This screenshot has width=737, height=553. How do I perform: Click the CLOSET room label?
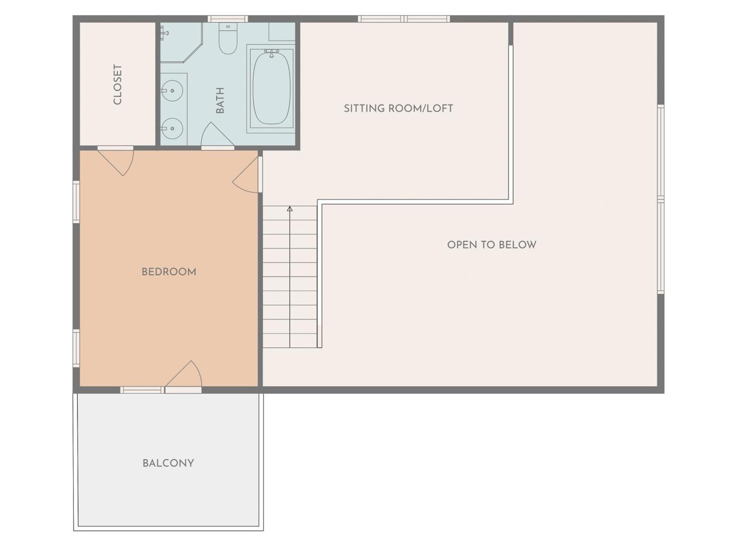pyautogui.click(x=117, y=84)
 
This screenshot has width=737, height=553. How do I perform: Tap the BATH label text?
pyautogui.click(x=220, y=101)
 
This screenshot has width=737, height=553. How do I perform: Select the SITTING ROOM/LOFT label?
pyautogui.click(x=398, y=109)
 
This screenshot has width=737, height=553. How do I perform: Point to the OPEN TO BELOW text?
pyautogui.click(x=492, y=245)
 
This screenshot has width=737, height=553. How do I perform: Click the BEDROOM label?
pyautogui.click(x=169, y=272)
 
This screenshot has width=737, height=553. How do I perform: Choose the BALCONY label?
pyautogui.click(x=168, y=463)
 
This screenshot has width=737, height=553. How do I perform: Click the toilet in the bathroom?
pyautogui.click(x=228, y=38)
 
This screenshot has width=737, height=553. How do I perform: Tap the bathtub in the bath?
pyautogui.click(x=271, y=88)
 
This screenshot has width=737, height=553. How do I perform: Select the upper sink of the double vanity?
pyautogui.click(x=172, y=91)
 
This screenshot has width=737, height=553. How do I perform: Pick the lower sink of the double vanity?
pyautogui.click(x=172, y=128)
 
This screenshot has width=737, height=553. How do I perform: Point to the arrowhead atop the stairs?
pyautogui.click(x=290, y=209)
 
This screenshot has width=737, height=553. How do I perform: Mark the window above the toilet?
pyautogui.click(x=228, y=19)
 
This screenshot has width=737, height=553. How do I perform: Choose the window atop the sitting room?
pyautogui.click(x=404, y=19)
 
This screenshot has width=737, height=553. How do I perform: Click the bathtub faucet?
pyautogui.click(x=271, y=53)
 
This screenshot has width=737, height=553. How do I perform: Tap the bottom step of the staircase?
pyautogui.click(x=290, y=341)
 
